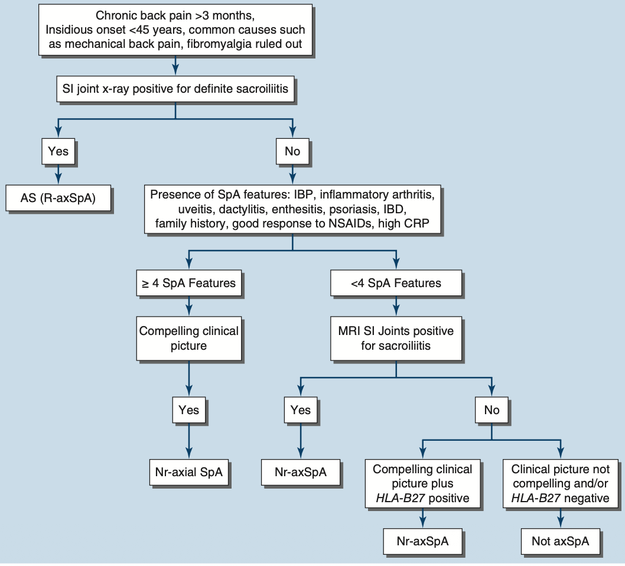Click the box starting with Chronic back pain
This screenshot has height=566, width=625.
(175, 30)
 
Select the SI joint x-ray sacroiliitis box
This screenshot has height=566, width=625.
(175, 90)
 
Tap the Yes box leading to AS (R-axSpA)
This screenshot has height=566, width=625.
(58, 151)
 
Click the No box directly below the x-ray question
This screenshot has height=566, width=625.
(292, 151)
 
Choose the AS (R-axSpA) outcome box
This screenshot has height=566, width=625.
(58, 198)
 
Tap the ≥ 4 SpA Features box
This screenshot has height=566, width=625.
(188, 283)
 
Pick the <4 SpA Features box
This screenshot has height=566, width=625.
(396, 283)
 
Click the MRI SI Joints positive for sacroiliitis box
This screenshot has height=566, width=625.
(396, 338)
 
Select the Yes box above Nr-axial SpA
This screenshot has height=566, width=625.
(188, 409)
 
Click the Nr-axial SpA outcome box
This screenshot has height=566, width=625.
(188, 472)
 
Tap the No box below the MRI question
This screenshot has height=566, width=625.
(491, 409)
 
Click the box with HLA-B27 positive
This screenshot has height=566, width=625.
(422, 484)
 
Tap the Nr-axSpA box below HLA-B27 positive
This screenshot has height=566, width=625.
(422, 541)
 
